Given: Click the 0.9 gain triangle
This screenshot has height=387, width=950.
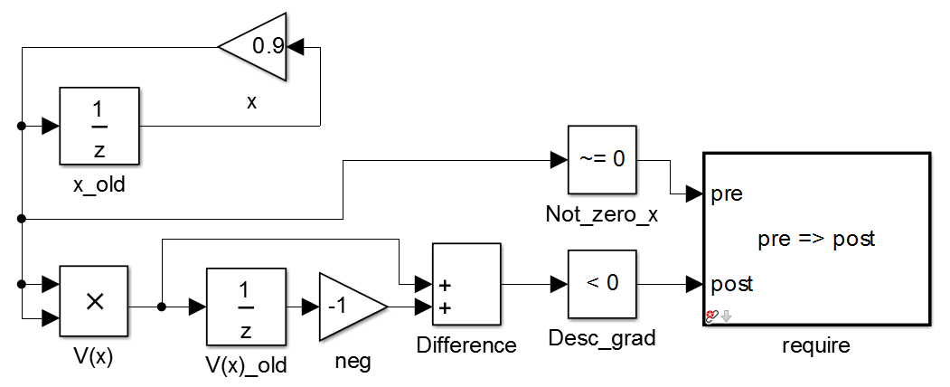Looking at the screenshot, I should pyautogui.click(x=259, y=46).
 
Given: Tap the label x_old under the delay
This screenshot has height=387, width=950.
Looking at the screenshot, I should pyautogui.click(x=99, y=185).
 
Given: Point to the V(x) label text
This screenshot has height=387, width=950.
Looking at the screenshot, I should pyautogui.click(x=94, y=354).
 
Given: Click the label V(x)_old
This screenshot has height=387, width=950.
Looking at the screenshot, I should pyautogui.click(x=246, y=364).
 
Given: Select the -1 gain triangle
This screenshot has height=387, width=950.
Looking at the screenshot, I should pyautogui.click(x=347, y=307).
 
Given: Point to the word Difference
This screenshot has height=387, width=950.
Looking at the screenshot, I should pyautogui.click(x=466, y=345).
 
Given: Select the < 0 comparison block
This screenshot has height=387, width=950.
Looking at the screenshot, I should pyautogui.click(x=602, y=284).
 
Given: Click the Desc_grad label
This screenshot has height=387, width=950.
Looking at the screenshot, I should pyautogui.click(x=601, y=339).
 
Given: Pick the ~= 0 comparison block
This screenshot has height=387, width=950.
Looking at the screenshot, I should pyautogui.click(x=601, y=159).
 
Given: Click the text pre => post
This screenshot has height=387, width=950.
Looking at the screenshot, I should pyautogui.click(x=815, y=240).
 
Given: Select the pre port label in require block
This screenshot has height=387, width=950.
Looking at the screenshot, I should pyautogui.click(x=727, y=193).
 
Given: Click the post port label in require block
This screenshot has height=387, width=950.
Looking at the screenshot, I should pyautogui.click(x=732, y=284).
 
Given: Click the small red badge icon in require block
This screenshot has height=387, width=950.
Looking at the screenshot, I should pyautogui.click(x=711, y=316).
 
